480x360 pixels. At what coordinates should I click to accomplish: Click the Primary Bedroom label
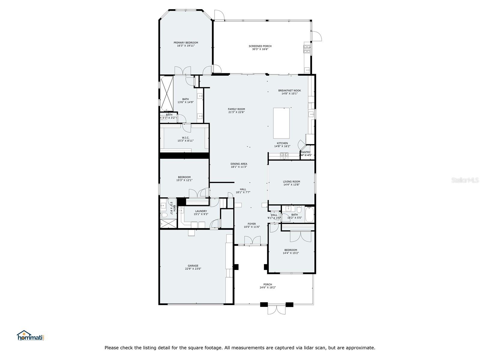(186, 43)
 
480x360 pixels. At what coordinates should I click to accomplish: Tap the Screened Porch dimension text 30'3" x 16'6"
(260, 49)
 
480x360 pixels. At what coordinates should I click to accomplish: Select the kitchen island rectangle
(281, 123)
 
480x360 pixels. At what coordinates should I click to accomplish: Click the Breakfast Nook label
(289, 90)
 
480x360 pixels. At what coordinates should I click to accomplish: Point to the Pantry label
(306, 152)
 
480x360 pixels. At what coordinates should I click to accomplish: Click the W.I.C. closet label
(185, 138)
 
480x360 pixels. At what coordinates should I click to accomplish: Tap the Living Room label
(291, 181)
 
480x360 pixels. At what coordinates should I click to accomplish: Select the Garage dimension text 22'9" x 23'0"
(193, 269)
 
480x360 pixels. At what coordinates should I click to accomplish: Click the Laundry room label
(201, 211)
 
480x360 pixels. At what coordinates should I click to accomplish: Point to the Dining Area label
(239, 164)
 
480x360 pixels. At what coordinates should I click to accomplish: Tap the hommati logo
(31, 335)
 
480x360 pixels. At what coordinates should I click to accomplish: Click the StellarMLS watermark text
(465, 180)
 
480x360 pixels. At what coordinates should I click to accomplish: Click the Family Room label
(236, 109)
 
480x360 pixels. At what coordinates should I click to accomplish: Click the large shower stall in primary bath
(166, 93)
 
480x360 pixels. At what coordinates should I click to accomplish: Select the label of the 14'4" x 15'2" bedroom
(291, 250)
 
